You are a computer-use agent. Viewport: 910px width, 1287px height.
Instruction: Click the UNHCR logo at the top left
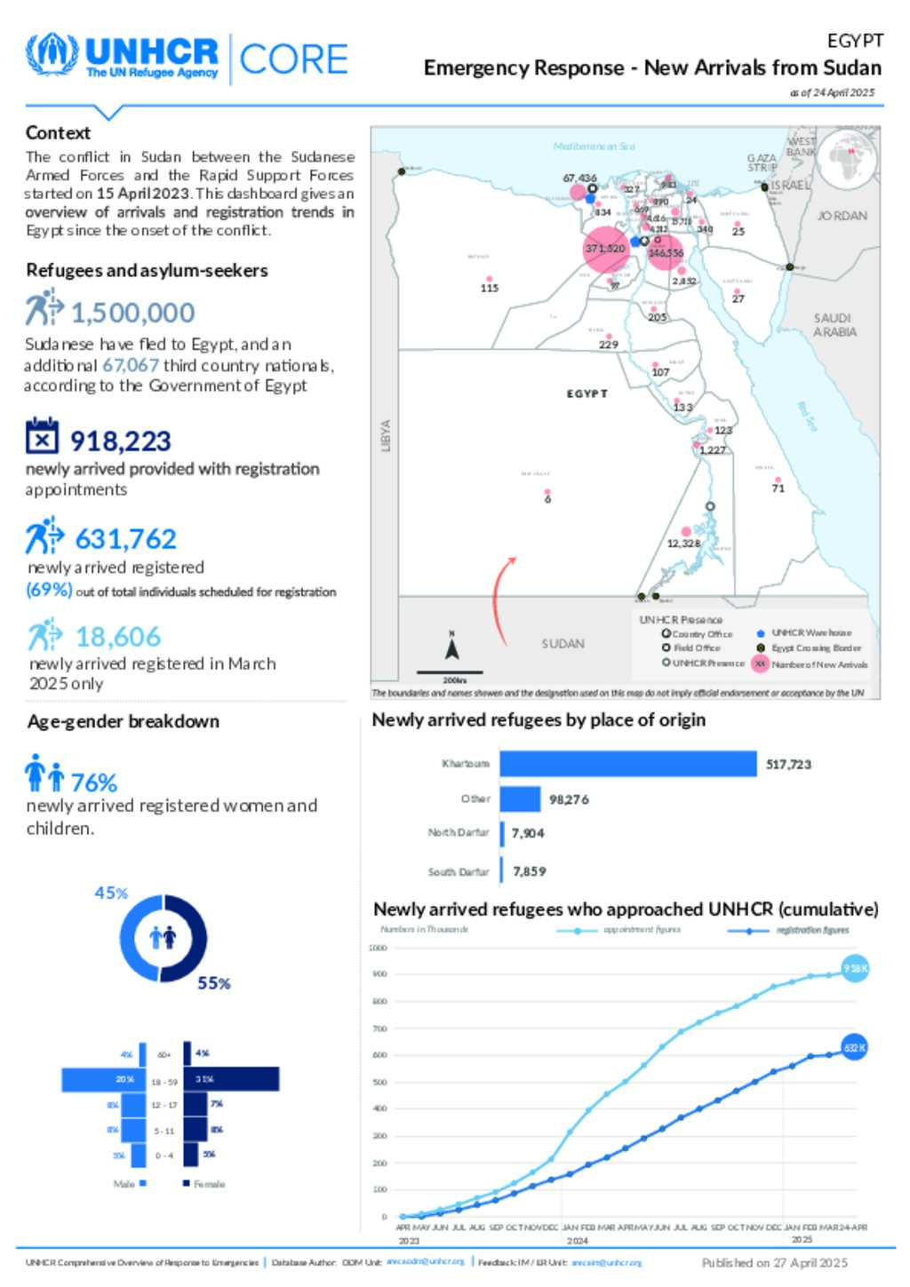(123, 58)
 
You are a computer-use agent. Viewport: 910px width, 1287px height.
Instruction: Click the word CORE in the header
(293, 60)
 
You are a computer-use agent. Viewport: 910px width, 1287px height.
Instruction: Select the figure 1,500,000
(132, 313)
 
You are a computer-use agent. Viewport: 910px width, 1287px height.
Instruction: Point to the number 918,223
(120, 441)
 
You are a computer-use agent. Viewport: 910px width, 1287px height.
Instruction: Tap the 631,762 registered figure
(125, 538)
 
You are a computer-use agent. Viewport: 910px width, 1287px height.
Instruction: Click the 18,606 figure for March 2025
(118, 637)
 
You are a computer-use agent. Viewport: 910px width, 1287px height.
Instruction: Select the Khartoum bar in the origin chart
(627, 764)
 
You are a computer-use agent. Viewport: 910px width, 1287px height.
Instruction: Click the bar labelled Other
(520, 799)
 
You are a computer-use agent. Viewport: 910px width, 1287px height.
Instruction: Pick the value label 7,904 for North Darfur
(527, 833)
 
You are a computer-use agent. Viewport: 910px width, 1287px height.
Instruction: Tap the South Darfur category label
(459, 872)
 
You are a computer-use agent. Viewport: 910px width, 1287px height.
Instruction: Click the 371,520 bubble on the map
(605, 249)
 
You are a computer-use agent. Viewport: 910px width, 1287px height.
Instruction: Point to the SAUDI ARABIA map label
(834, 325)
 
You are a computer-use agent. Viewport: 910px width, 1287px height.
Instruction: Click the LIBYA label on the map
(386, 435)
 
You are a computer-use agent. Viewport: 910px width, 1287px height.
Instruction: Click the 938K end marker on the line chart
(855, 968)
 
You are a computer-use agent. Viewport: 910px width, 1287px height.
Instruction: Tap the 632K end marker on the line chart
(854, 1048)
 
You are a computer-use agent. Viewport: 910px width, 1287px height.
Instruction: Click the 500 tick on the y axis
(379, 1082)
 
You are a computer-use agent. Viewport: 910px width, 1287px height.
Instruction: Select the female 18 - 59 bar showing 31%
(231, 1079)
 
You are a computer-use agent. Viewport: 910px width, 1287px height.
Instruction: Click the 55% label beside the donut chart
(214, 983)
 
